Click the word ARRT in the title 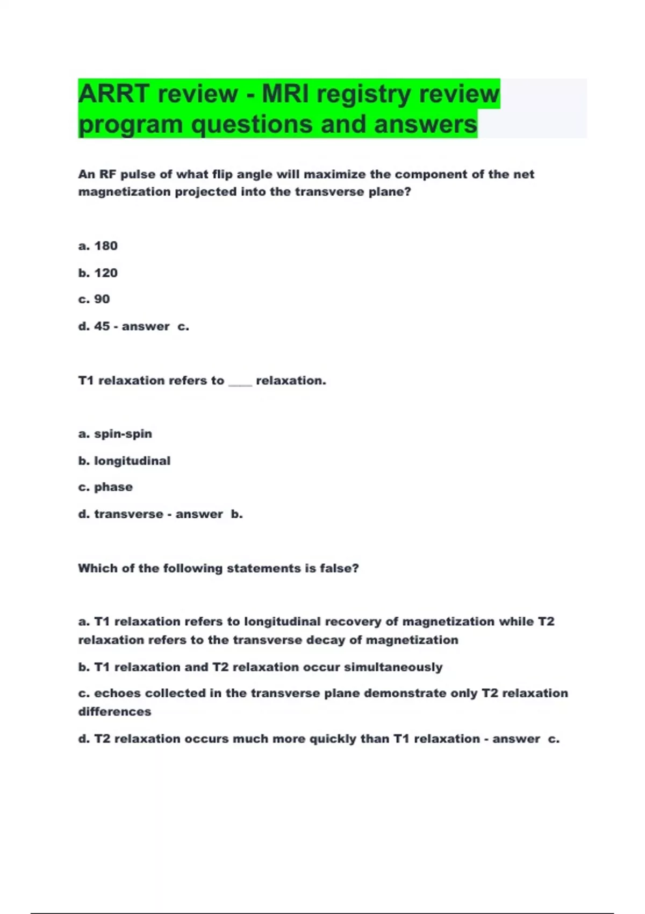pos(113,94)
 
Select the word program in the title pos(131,125)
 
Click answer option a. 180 pos(98,246)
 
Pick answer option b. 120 pos(98,273)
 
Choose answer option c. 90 pos(94,299)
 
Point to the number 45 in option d pos(102,326)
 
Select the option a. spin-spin pos(115,434)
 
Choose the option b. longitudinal pos(124,461)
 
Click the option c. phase pos(105,487)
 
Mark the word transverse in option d pos(128,515)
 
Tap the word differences pos(114,712)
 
